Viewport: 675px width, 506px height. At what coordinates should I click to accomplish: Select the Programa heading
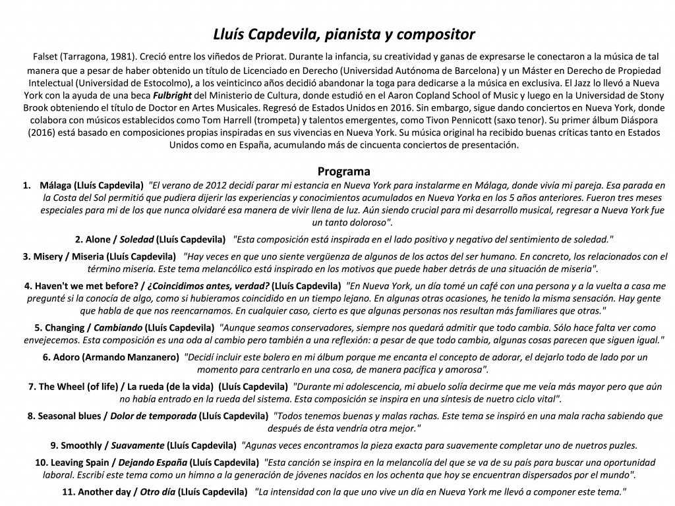point(344,171)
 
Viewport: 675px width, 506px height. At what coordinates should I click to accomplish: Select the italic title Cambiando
point(116,327)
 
